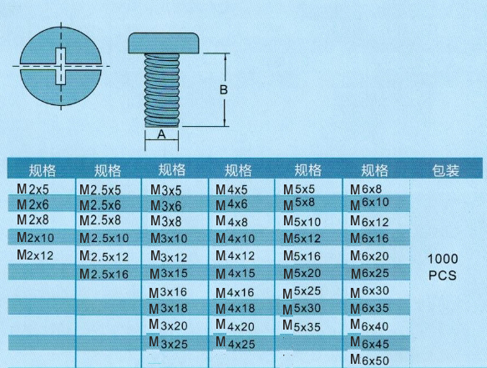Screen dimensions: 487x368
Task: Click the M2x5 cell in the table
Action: (33, 189)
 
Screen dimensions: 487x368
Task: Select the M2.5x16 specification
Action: (104, 274)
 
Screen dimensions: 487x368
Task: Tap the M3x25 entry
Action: (169, 343)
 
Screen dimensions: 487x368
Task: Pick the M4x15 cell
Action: (235, 274)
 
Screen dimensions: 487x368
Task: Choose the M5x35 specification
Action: (302, 326)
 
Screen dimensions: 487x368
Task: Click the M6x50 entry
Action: (369, 360)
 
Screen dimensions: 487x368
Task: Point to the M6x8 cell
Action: (366, 189)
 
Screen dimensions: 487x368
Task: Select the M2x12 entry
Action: (35, 255)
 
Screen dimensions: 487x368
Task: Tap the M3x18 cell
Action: (168, 308)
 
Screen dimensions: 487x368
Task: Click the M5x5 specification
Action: (299, 189)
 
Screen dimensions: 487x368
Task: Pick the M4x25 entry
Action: (235, 343)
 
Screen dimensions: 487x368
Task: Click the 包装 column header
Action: (445, 170)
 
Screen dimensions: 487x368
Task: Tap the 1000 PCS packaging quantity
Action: (443, 267)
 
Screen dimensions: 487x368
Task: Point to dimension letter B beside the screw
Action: (224, 89)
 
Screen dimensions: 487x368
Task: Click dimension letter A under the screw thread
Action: (161, 134)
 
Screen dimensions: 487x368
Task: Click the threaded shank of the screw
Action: (162, 90)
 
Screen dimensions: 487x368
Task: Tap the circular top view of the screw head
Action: (61, 66)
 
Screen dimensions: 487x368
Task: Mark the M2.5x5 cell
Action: (100, 190)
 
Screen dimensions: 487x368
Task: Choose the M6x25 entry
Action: (370, 274)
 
